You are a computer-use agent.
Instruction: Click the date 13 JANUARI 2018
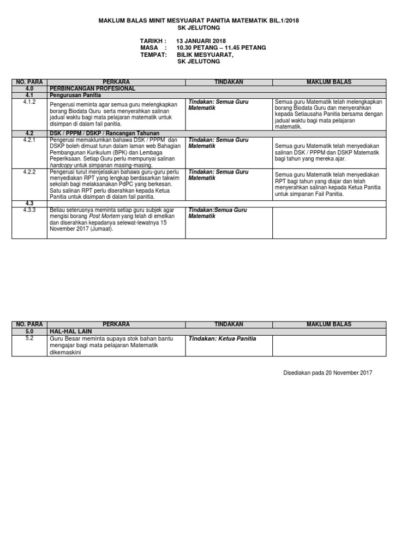pos(201,41)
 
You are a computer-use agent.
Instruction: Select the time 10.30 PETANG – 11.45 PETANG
pos(221,47)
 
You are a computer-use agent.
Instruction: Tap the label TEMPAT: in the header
pos(153,55)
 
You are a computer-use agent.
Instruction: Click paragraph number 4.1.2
pos(29,102)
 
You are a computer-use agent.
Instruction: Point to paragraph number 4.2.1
pos(29,140)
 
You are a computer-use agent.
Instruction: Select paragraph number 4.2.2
pos(29,171)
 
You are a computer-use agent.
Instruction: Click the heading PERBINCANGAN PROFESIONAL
pos(92,88)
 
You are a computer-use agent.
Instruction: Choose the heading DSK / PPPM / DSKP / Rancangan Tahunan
pos(104,133)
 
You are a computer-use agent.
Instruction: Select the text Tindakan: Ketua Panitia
pos(222,338)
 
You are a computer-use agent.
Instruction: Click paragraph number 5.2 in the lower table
pos(29,338)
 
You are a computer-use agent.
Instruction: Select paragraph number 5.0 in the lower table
pos(29,331)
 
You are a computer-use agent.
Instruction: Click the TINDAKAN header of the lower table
pos(229,324)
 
